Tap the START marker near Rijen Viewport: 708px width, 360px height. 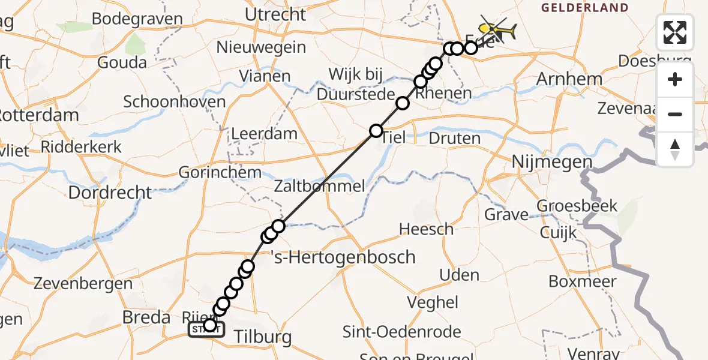coord(206,329)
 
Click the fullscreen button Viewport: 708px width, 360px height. coord(675,32)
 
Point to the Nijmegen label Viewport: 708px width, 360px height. coord(552,162)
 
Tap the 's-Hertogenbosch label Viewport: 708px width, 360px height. coord(343,257)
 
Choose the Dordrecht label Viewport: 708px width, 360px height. coord(110,193)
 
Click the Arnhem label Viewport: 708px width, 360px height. coord(569,79)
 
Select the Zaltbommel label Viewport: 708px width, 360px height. coord(319,185)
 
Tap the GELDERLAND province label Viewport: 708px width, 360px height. coord(585,8)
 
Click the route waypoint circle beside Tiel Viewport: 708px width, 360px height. coord(376,131)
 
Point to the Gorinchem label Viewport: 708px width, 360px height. coord(220,173)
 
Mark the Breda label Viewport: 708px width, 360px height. coord(146,317)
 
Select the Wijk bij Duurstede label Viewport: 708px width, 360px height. coord(356,85)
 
